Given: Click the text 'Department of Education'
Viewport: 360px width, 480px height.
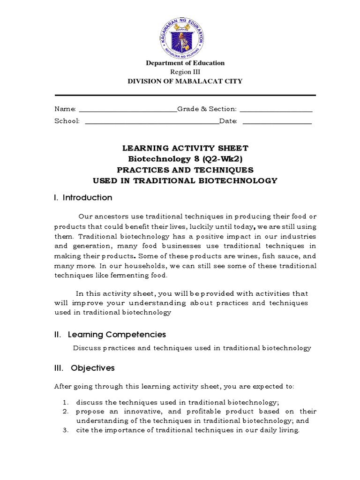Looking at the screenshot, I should point(185,63).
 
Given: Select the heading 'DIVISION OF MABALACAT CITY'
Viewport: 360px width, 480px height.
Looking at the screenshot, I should point(185,81).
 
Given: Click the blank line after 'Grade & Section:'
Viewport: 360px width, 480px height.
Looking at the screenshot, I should point(276,111).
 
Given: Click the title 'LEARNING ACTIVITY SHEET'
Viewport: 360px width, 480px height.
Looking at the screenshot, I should point(185,148).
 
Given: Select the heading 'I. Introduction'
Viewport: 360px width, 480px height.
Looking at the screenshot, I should point(83,197).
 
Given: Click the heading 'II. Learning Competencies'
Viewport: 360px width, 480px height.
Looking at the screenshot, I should point(110,334).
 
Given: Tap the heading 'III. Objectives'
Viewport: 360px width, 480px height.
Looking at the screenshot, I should point(84,368).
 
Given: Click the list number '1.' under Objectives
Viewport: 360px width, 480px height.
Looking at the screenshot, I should point(66,402).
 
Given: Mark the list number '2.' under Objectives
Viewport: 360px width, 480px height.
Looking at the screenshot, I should point(66,412).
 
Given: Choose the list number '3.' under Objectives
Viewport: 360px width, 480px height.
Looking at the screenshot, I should point(66,430).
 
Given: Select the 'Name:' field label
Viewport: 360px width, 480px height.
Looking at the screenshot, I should point(65,109).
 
